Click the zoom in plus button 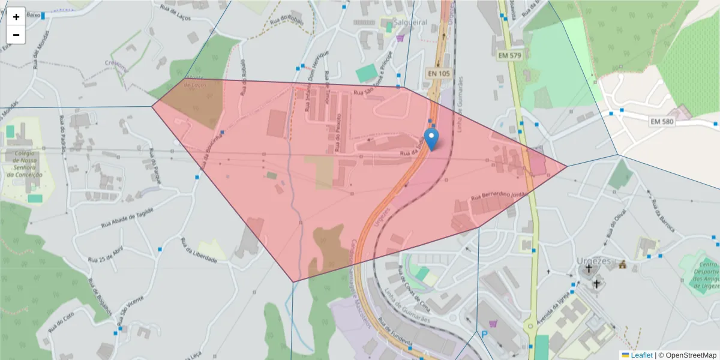[16, 17]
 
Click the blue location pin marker [431, 139]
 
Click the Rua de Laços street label [176, 13]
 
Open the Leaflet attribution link [641, 355]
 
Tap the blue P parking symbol [484, 334]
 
